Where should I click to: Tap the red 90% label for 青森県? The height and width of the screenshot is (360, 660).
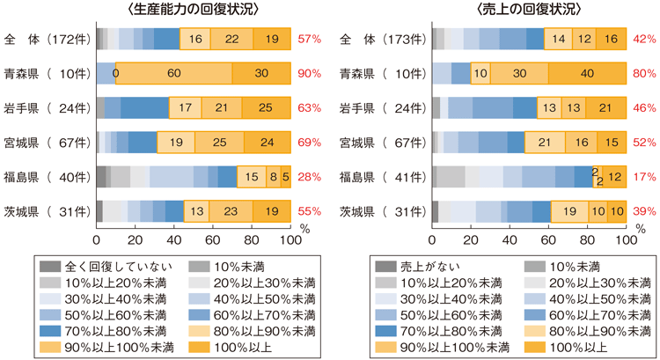click(309, 74)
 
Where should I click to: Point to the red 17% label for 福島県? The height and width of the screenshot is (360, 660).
click(645, 177)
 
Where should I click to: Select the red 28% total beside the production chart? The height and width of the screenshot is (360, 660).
click(309, 177)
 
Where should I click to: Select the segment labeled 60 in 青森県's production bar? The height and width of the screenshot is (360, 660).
click(173, 74)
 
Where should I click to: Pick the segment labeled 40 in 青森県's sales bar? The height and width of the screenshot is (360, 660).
click(586, 74)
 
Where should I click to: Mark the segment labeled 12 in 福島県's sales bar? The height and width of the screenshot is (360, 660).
click(614, 177)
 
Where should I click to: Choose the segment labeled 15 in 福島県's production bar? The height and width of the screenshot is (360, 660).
click(252, 177)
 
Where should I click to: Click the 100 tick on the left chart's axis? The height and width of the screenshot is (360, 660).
click(289, 239)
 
